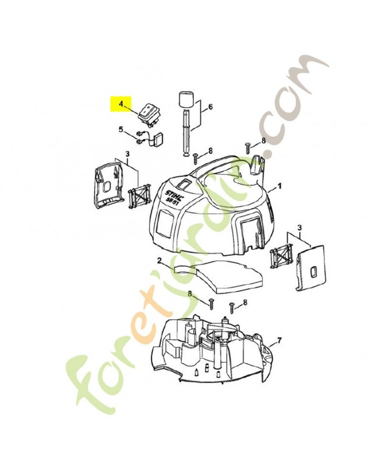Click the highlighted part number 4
pos(121,104)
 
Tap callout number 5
pos(121,129)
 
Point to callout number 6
pos(210,107)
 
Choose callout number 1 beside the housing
pos(279,186)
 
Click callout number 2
pos(159,260)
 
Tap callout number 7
pos(279,341)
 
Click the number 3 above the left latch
pos(128,154)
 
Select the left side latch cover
pos(108,186)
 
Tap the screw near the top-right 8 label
pos(247,147)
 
